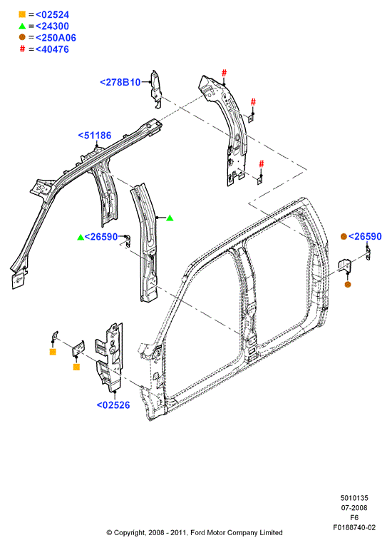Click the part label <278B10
120,83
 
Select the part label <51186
95,136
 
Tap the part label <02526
113,405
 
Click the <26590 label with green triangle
101,237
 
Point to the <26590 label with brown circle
365,237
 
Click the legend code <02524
52,15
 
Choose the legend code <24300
52,26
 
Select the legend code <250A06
56,38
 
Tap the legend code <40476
52,49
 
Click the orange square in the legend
22,14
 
